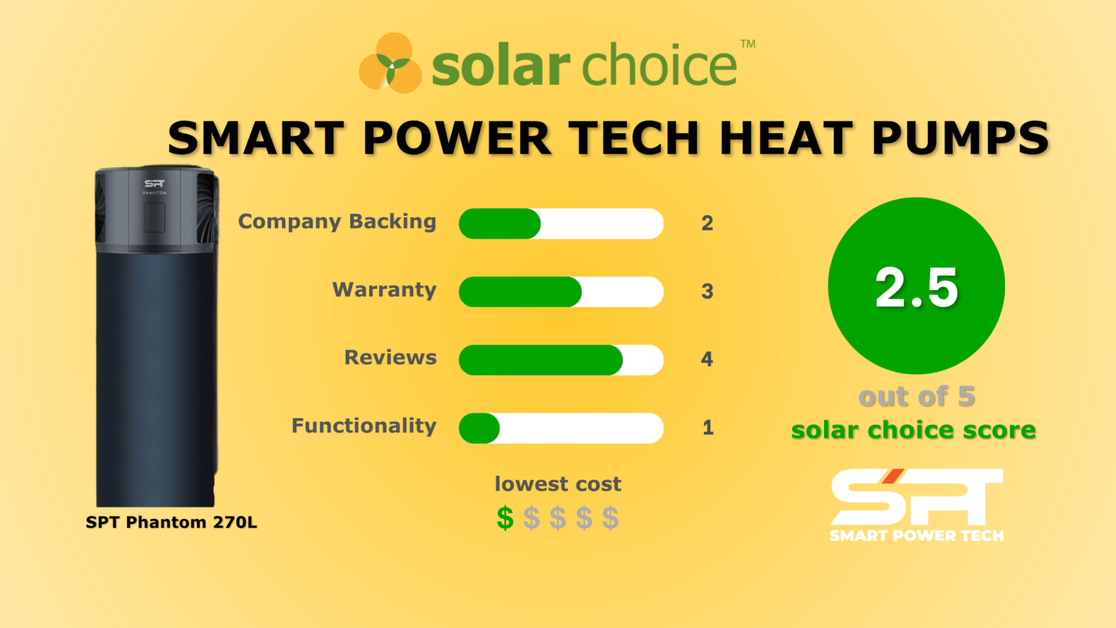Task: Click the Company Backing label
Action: pyautogui.click(x=337, y=222)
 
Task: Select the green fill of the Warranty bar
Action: pyautogui.click(x=519, y=291)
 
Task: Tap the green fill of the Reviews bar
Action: pyautogui.click(x=540, y=360)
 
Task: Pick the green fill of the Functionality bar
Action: pyautogui.click(x=479, y=428)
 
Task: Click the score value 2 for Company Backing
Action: pyautogui.click(x=707, y=223)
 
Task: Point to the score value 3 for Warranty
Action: pyautogui.click(x=707, y=291)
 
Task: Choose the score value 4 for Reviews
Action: pyautogui.click(x=707, y=359)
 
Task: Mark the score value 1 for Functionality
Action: pyautogui.click(x=708, y=427)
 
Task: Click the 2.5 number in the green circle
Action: pyautogui.click(x=916, y=286)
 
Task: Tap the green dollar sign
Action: pyautogui.click(x=505, y=518)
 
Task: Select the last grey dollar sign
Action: pyautogui.click(x=610, y=518)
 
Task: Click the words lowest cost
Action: pyautogui.click(x=557, y=484)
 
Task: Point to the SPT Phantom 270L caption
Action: pyautogui.click(x=171, y=523)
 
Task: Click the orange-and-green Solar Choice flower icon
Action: pyautogui.click(x=391, y=63)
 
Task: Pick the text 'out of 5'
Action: pyautogui.click(x=916, y=397)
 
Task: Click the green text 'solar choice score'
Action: pyautogui.click(x=913, y=430)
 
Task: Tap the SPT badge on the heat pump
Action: pyautogui.click(x=154, y=184)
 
